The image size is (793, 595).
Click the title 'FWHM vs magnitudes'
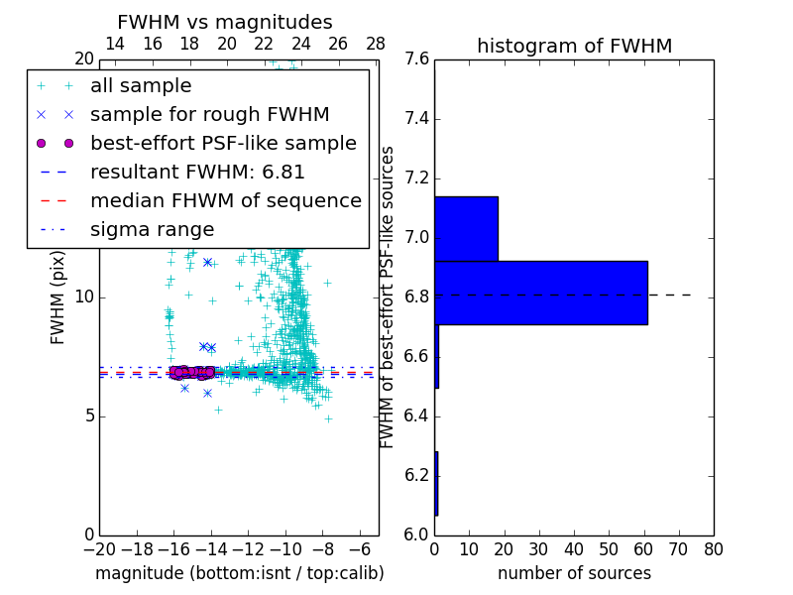(x=225, y=23)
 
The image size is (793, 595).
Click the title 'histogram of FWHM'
(x=574, y=46)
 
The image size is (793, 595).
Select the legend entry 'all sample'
(x=141, y=86)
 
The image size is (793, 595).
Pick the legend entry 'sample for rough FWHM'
(x=209, y=115)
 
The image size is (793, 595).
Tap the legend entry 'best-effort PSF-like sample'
(x=223, y=144)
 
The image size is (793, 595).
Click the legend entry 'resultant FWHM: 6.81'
(x=197, y=173)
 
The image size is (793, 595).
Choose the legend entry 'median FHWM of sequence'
(x=225, y=201)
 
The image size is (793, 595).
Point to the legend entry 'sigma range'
(x=152, y=230)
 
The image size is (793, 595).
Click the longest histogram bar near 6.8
(x=541, y=293)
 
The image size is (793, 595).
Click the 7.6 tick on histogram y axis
(x=416, y=59)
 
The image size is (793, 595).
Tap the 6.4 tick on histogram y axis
(x=416, y=416)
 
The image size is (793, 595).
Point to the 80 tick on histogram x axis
(x=713, y=548)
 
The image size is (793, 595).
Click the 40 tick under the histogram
(x=574, y=548)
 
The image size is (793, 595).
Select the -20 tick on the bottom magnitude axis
(x=99, y=548)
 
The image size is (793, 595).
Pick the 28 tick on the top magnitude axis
(x=376, y=44)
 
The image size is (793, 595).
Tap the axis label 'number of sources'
(x=574, y=573)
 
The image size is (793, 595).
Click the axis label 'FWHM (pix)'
(x=58, y=297)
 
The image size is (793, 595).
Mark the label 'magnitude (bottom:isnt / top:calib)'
(x=239, y=573)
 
